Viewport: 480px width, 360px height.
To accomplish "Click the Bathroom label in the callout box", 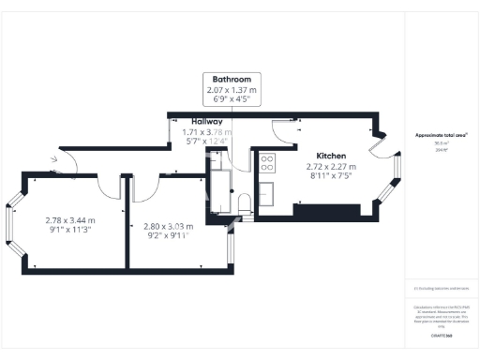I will [231, 79].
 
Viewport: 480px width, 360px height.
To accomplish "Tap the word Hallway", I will [206, 122].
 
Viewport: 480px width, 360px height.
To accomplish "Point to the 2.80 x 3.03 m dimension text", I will [169, 226].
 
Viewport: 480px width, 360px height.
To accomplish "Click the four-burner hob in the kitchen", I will [265, 163].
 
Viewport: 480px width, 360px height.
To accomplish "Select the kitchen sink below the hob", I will [265, 192].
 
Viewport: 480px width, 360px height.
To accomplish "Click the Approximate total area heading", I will [442, 136].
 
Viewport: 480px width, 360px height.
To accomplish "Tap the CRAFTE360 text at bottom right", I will [442, 335].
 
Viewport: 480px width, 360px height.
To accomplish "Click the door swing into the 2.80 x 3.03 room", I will [143, 188].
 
